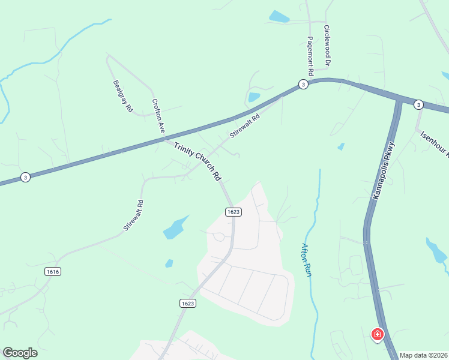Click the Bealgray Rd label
[122, 97]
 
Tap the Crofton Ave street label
[158, 116]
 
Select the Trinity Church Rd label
[198, 161]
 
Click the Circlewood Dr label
[327, 45]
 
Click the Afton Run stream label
[307, 259]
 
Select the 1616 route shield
[53, 272]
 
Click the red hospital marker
[378, 334]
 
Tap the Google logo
[20, 353]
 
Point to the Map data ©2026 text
[424, 355]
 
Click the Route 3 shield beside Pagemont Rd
[304, 85]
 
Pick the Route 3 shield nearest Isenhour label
[418, 104]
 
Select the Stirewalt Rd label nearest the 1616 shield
[133, 216]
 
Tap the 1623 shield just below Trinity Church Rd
[234, 212]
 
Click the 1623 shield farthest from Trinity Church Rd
[187, 304]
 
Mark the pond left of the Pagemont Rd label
[279, 17]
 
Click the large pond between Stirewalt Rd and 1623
[175, 227]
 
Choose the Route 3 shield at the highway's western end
[25, 177]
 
